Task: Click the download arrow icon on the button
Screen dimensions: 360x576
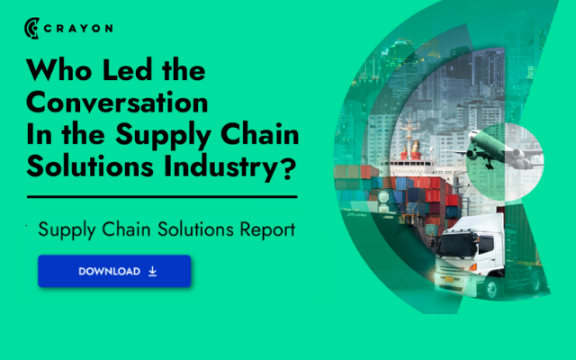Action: [x=152, y=271]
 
